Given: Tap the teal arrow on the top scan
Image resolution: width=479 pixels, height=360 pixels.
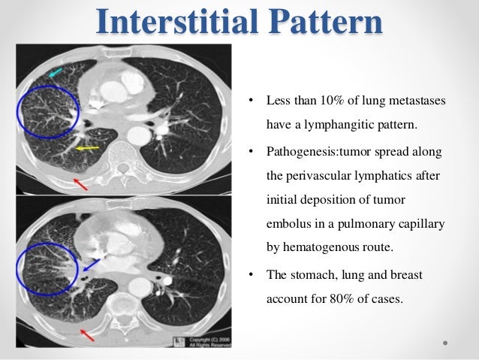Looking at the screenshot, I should (56, 71).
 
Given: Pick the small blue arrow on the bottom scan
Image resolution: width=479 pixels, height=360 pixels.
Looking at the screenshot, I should (91, 264).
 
